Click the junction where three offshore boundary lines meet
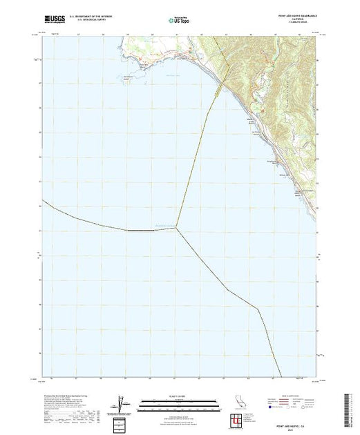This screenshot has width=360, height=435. point(176,229)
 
